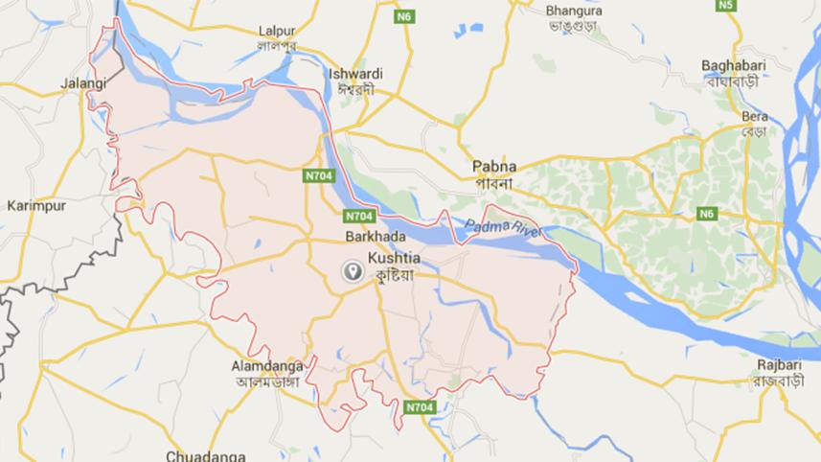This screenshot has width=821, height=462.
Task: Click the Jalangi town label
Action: tap(81, 83)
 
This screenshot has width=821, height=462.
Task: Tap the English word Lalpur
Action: tap(277, 30)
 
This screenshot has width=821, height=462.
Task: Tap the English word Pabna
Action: tap(494, 166)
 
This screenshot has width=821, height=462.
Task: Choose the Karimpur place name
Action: tap(34, 205)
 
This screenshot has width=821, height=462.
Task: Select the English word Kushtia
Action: tap(395, 257)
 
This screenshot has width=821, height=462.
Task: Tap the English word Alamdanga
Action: tap(267, 365)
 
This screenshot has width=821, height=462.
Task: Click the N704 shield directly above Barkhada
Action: tap(359, 216)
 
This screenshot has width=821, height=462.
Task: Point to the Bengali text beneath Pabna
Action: tap(494, 182)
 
